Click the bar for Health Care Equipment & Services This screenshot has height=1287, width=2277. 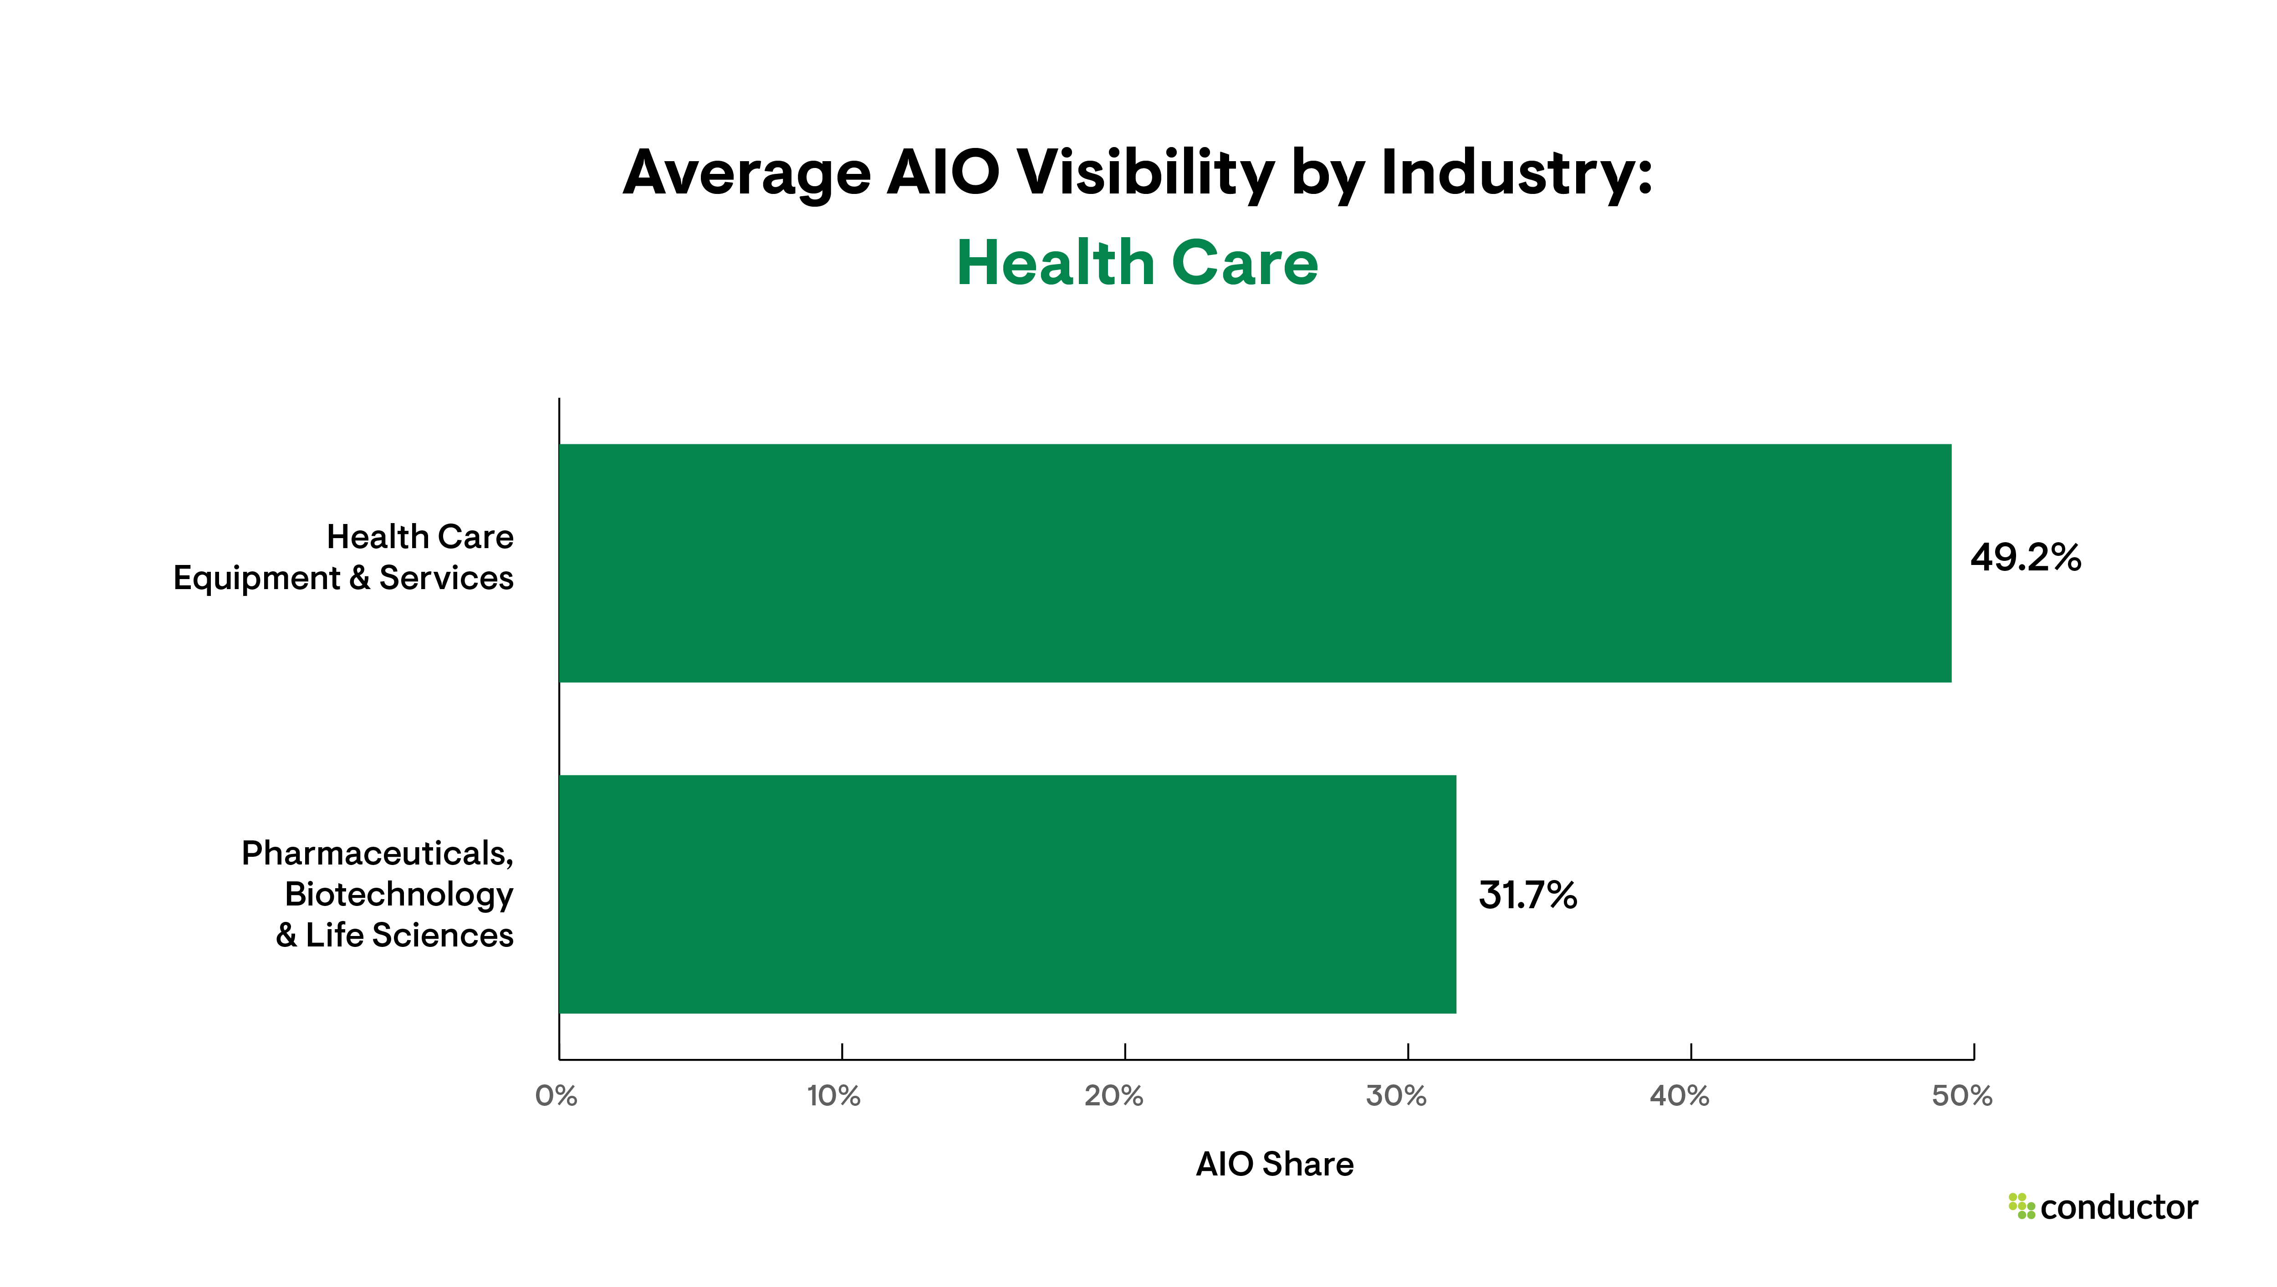[1255, 563]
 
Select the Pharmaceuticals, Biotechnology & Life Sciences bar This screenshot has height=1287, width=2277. [1008, 895]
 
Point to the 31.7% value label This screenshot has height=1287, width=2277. [1527, 895]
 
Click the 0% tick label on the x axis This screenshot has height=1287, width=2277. [556, 1096]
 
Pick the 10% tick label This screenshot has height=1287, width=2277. [833, 1096]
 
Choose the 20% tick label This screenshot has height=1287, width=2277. [1114, 1096]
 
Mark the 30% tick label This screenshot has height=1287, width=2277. [1397, 1096]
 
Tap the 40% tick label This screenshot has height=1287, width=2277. [1680, 1096]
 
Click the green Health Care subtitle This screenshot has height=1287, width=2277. [1138, 264]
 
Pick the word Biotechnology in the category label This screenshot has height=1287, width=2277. [398, 895]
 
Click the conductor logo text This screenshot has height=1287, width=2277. [2119, 1207]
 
